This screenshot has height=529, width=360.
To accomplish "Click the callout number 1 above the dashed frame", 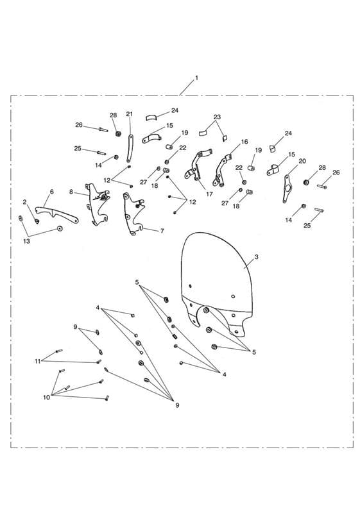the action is (x=196, y=78).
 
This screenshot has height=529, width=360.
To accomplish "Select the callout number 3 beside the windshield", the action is (x=256, y=257).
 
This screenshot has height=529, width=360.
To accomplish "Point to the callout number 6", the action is (x=52, y=192).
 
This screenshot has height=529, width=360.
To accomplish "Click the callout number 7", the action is (x=162, y=231).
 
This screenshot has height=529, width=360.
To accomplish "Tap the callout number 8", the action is (x=71, y=192).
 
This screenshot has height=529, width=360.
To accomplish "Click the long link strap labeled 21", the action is (x=130, y=149).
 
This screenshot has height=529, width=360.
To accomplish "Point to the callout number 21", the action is (x=130, y=114).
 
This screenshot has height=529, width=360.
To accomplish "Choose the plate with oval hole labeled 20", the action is (x=287, y=189).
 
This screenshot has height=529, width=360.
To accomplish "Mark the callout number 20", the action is (x=302, y=161).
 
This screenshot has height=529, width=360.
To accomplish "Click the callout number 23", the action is (x=217, y=117).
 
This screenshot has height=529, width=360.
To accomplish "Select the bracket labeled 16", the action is (x=221, y=171).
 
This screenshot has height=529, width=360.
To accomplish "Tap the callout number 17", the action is (x=209, y=194).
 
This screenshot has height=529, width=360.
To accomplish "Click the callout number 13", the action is (x=27, y=241).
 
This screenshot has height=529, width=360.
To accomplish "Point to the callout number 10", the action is (x=47, y=398).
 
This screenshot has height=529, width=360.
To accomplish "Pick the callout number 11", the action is (x=37, y=362).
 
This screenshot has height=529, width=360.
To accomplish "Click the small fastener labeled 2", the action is (x=37, y=221).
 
